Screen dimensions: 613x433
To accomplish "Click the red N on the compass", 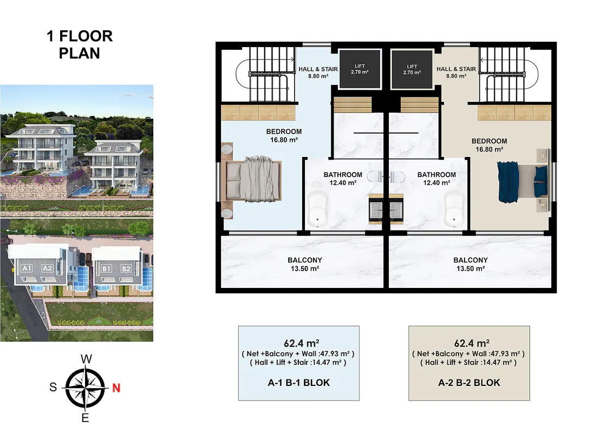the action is [x=116, y=388].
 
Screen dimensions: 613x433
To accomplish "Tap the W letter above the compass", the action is [x=87, y=359].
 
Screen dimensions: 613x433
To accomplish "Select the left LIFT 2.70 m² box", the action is [x=360, y=69].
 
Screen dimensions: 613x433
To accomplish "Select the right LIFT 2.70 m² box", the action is [x=412, y=69].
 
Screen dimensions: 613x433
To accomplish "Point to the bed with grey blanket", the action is [x=251, y=179].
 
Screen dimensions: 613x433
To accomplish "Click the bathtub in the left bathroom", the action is [x=318, y=209].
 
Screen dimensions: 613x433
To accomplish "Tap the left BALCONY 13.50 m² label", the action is [x=305, y=264].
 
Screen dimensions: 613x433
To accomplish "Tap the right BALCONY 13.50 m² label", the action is [x=471, y=264].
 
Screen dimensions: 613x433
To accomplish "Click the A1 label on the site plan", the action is [x=27, y=268].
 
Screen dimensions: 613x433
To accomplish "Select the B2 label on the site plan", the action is [x=126, y=269].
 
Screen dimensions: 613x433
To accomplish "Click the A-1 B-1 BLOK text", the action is [x=299, y=383].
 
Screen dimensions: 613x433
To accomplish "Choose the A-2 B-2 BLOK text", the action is [x=469, y=383].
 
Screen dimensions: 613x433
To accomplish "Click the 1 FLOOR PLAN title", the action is [x=80, y=44].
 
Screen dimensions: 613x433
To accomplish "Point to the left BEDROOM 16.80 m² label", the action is [x=284, y=136].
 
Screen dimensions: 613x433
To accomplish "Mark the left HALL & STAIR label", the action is [x=318, y=73].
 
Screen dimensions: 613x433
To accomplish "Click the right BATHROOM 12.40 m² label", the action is [x=436, y=179].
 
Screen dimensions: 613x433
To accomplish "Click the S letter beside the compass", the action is [x=53, y=388].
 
